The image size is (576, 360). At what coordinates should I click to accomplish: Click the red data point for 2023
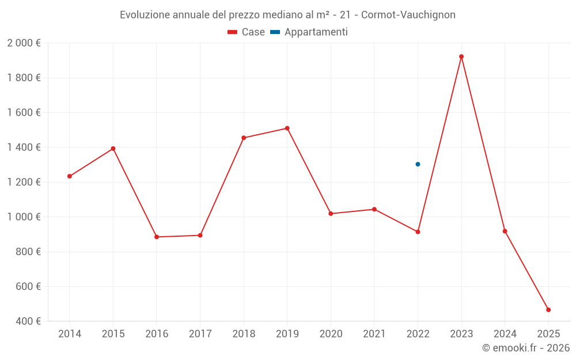[461, 56]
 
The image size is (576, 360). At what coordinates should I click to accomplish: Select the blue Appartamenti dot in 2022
[418, 164]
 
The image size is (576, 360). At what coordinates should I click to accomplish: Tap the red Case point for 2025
[548, 310]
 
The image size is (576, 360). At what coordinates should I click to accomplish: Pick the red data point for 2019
[287, 128]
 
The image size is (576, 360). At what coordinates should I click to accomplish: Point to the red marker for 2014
[70, 176]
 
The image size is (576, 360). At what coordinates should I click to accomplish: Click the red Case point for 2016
[157, 237]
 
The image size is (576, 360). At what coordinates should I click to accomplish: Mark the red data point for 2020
[331, 214]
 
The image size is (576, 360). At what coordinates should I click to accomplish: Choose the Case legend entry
[247, 32]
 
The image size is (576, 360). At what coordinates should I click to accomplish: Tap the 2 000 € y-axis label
[24, 43]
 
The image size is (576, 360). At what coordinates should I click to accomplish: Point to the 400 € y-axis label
[27, 321]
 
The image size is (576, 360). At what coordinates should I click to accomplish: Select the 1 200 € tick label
[24, 183]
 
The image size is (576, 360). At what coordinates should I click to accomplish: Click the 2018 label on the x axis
[244, 334]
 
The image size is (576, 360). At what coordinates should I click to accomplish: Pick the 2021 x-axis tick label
[374, 334]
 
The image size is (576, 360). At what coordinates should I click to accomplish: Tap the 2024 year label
[505, 334]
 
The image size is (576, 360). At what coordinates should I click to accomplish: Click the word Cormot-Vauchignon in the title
[408, 15]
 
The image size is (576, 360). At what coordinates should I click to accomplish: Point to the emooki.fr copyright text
[526, 348]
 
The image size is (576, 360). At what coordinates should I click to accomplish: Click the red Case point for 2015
[113, 149]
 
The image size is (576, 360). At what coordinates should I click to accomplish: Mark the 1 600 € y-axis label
[24, 113]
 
